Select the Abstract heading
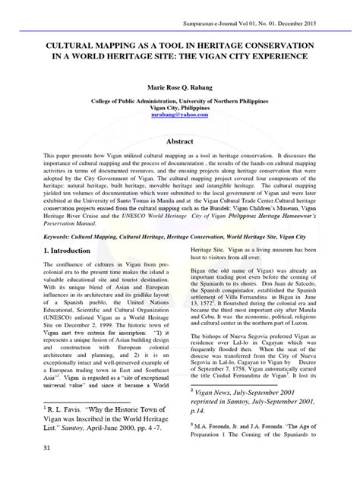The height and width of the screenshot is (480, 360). [180, 141]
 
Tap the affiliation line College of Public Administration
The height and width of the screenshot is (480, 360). [180, 101]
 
